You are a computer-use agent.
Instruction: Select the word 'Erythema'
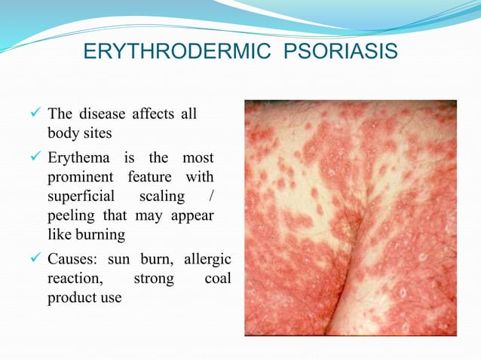[78, 158]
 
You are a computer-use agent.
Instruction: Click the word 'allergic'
[206, 261]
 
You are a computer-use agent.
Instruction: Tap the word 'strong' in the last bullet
[153, 280]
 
